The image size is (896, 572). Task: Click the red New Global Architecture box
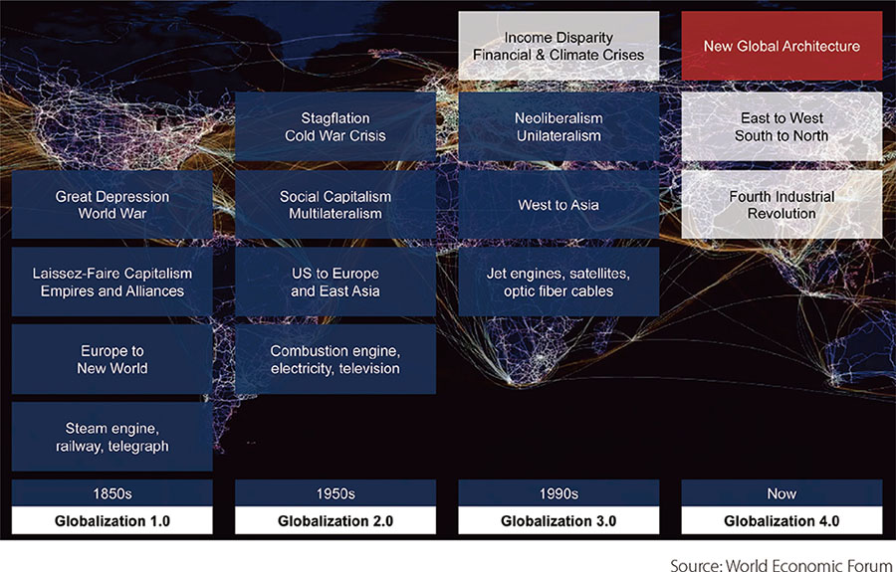tap(782, 46)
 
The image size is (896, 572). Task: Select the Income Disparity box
tap(559, 46)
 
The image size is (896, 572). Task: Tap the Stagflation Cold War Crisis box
tap(336, 126)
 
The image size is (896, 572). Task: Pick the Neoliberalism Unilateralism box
tap(559, 126)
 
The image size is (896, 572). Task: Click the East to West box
tap(782, 126)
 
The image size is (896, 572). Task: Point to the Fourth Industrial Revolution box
tap(782, 204)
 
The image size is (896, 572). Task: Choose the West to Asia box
tap(559, 204)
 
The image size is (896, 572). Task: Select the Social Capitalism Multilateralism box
tap(336, 204)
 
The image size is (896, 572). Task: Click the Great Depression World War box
tap(112, 204)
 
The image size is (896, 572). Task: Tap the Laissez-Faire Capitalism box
tap(112, 282)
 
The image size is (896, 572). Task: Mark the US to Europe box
tap(336, 282)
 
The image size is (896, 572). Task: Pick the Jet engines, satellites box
tap(559, 282)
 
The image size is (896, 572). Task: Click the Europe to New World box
tap(112, 360)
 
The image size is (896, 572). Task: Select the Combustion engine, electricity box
tap(336, 360)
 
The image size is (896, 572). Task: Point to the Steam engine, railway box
tap(112, 437)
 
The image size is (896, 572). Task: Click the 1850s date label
tap(112, 493)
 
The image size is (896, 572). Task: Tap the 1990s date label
tap(559, 493)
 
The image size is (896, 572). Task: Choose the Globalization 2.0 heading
tap(336, 520)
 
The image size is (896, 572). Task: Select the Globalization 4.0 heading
tap(782, 520)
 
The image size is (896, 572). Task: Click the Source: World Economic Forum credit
tap(782, 565)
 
